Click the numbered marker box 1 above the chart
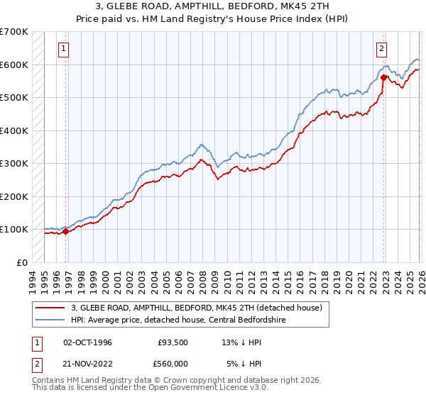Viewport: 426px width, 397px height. tap(64, 49)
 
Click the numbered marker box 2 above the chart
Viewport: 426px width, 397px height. tap(382, 49)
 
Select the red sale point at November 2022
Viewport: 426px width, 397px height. tap(384, 77)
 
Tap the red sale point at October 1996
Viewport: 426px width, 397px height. tap(65, 231)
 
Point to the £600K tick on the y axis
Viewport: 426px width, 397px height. tap(14, 65)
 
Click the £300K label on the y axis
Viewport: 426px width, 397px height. tap(14, 163)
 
